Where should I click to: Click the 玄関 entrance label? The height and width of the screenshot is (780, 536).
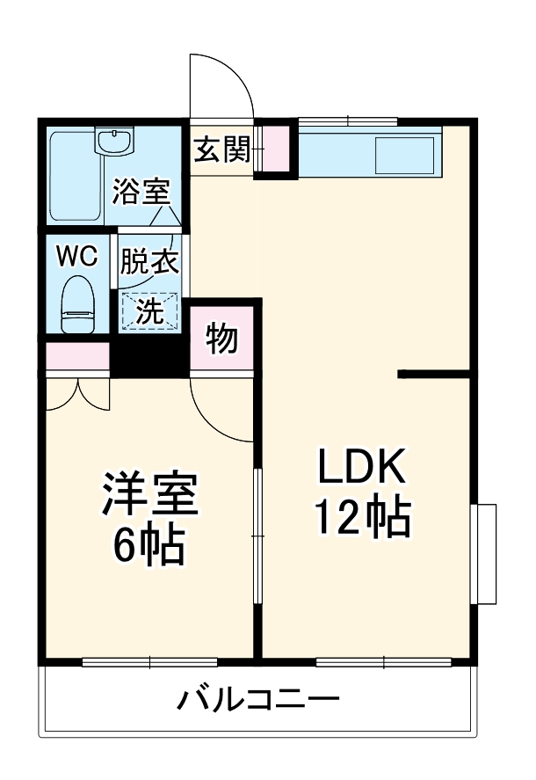click(221, 150)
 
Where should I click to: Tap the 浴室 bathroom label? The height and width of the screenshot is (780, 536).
click(140, 191)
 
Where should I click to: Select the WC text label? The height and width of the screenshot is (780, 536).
click(76, 255)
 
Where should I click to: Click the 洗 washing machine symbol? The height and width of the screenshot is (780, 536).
click(149, 310)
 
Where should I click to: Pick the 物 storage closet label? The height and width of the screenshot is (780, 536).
click(222, 338)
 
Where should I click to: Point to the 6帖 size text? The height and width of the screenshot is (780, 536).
click(148, 547)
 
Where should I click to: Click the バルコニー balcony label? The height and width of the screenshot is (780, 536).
click(258, 702)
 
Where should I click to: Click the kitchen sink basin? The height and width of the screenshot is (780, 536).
click(405, 157)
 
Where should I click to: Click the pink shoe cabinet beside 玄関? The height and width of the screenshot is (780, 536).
click(276, 150)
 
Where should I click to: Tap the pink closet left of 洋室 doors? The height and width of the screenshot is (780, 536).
click(77, 356)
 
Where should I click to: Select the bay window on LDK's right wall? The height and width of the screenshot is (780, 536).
click(485, 553)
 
